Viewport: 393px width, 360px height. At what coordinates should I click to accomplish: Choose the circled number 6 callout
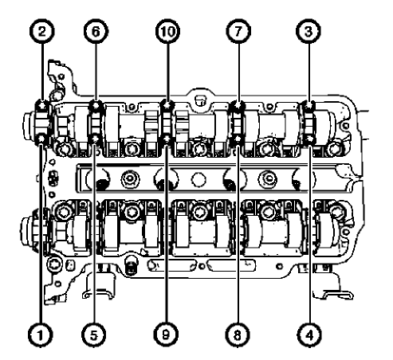[96, 33]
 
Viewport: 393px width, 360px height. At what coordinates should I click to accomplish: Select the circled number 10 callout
[167, 33]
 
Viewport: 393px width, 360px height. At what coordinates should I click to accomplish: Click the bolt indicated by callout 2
[41, 104]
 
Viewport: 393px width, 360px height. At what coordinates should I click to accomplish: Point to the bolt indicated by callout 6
[96, 105]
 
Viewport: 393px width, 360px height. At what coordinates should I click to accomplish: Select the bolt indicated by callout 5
[96, 141]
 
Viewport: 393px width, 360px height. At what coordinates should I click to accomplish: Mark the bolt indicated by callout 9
[167, 141]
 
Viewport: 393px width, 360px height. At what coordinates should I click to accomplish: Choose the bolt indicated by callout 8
[237, 141]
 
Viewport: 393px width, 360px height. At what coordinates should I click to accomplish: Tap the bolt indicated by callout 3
[310, 105]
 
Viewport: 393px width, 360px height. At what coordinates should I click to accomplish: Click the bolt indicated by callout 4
[310, 141]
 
